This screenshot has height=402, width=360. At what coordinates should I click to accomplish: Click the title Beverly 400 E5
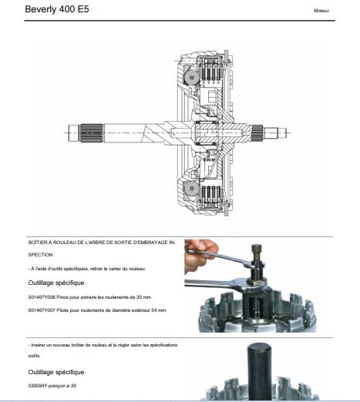(x=57, y=9)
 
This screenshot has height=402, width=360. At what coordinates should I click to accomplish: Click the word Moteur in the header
(x=321, y=11)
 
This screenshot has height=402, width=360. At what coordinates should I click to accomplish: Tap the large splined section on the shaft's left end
(x=92, y=133)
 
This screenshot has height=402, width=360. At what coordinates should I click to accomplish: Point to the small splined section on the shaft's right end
(x=257, y=133)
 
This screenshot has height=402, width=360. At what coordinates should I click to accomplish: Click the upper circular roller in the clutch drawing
(x=191, y=77)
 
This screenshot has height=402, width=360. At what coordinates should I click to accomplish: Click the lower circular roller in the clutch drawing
(x=191, y=189)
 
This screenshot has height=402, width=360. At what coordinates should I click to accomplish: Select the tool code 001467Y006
(x=42, y=297)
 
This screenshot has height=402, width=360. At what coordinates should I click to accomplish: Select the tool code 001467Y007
(x=42, y=310)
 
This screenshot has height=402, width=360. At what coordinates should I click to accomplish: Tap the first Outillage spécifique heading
(x=56, y=283)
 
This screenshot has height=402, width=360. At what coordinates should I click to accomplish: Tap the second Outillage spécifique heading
(x=56, y=372)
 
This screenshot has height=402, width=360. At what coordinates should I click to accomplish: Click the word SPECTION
(x=40, y=255)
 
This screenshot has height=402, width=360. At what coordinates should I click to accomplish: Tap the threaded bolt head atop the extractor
(x=257, y=249)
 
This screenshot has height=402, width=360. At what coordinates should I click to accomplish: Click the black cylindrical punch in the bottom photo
(x=259, y=371)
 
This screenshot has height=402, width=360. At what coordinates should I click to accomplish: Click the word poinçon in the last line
(x=57, y=386)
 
